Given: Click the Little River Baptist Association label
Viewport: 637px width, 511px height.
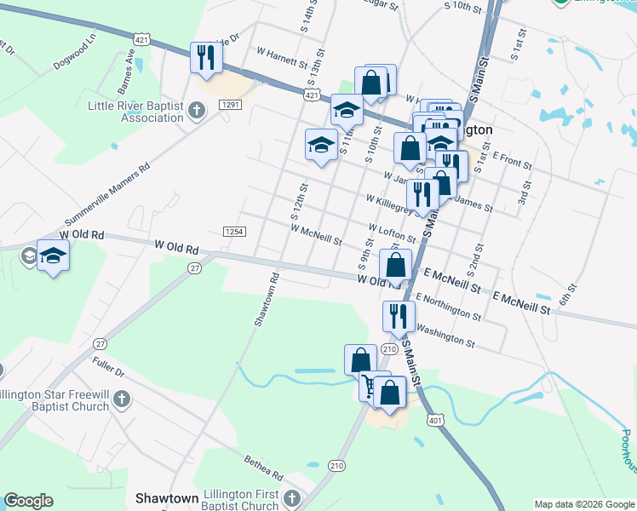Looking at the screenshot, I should [x=136, y=112].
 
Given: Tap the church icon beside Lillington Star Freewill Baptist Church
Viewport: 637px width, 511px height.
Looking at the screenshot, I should [x=122, y=399].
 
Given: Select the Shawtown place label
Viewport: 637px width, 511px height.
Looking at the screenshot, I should [x=167, y=497].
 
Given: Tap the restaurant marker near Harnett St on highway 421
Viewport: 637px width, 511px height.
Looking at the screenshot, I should [x=206, y=57].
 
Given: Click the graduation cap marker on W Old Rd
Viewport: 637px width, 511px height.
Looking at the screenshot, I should [x=53, y=255].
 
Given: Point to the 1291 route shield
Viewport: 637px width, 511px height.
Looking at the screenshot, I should [x=230, y=104].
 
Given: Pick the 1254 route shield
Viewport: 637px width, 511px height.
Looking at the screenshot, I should [x=234, y=232].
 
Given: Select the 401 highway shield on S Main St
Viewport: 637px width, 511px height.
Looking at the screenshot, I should [x=436, y=420].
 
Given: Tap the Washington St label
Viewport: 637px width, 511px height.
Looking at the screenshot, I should [x=446, y=336].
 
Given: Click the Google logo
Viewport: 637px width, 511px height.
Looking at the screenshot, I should [x=28, y=501].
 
